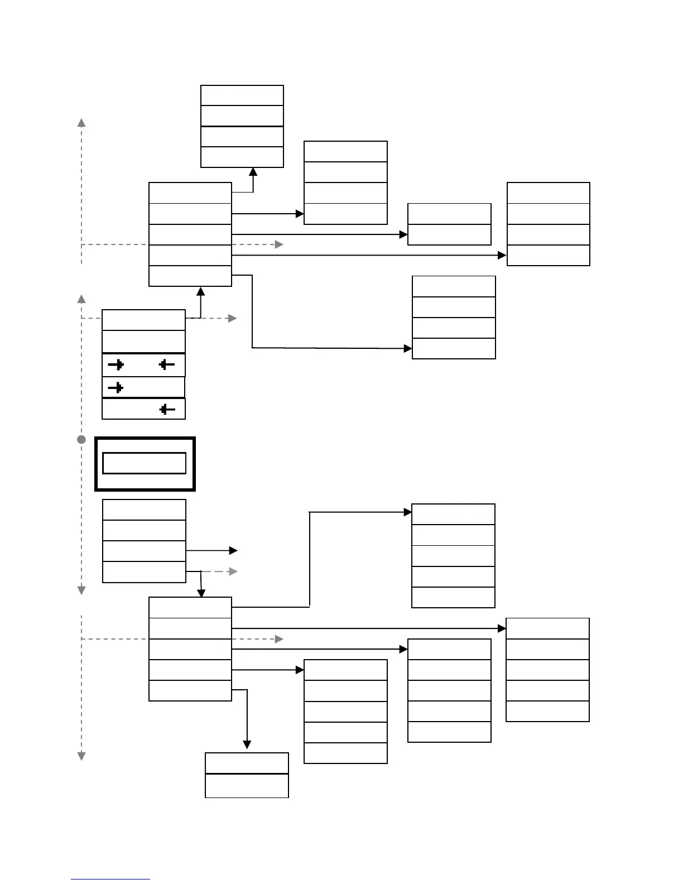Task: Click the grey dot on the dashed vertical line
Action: [81, 440]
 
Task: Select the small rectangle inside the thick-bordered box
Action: [144, 463]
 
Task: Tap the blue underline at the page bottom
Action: [110, 880]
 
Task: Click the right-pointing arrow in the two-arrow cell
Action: [116, 365]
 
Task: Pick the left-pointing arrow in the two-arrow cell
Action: [166, 365]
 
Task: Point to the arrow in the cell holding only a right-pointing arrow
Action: [116, 387]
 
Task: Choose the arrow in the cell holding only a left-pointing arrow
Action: [166, 410]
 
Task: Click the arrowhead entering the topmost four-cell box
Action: [253, 172]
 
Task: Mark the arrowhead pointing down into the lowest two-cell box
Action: [247, 745]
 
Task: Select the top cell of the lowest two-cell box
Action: [247, 763]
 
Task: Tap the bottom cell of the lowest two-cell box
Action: [247, 786]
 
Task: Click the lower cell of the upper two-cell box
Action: [449, 234]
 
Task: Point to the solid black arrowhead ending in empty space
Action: [233, 551]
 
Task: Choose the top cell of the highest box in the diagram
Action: [242, 95]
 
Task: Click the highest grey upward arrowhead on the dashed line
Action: [81, 122]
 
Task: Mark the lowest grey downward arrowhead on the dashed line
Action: [81, 756]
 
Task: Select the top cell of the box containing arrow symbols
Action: [143, 320]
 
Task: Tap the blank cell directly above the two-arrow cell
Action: [143, 342]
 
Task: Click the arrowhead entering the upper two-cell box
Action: [404, 234]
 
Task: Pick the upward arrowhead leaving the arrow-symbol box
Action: [201, 291]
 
